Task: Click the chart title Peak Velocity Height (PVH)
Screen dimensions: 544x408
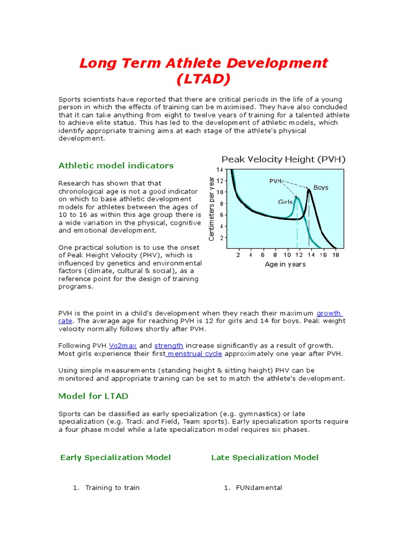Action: [x=283, y=159]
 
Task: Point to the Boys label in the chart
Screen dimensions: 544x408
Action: [x=321, y=188]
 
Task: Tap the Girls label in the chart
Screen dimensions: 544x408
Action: [x=286, y=202]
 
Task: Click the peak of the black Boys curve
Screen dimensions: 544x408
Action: [x=309, y=190]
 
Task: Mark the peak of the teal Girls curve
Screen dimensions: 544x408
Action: [x=297, y=199]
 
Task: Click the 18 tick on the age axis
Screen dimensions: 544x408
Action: [x=335, y=256]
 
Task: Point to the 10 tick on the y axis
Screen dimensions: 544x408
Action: [x=219, y=192]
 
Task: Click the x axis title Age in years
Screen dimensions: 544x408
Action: [x=285, y=265]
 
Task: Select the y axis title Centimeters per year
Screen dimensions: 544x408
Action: [x=211, y=208]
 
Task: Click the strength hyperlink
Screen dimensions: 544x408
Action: [x=169, y=346]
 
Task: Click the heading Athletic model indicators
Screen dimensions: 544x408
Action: [x=116, y=166]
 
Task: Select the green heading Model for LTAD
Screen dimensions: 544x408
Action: [x=93, y=396]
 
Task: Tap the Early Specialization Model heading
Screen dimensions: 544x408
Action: [x=115, y=457]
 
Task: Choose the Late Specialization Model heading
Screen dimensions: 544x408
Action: [x=265, y=457]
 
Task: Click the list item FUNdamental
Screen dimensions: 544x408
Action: [x=259, y=488]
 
